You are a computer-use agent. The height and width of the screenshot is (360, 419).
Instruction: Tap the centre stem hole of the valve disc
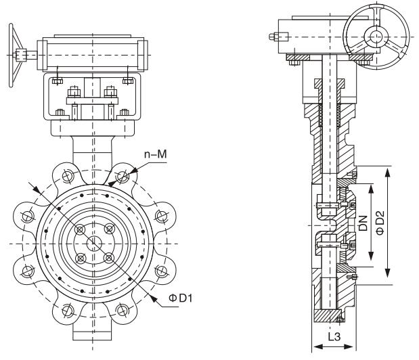point(94,243)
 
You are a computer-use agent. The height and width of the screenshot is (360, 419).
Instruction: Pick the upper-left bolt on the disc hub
point(80,229)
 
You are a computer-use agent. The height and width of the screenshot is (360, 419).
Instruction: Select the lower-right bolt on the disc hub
point(108,257)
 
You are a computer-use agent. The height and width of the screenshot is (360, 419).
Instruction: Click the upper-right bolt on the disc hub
point(108,229)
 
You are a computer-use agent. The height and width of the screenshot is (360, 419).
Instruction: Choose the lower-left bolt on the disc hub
point(80,257)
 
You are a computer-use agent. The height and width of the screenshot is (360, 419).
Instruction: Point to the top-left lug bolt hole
point(66,177)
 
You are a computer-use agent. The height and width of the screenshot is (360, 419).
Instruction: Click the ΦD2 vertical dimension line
point(388,223)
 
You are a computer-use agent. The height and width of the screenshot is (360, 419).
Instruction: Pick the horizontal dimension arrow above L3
point(332,346)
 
